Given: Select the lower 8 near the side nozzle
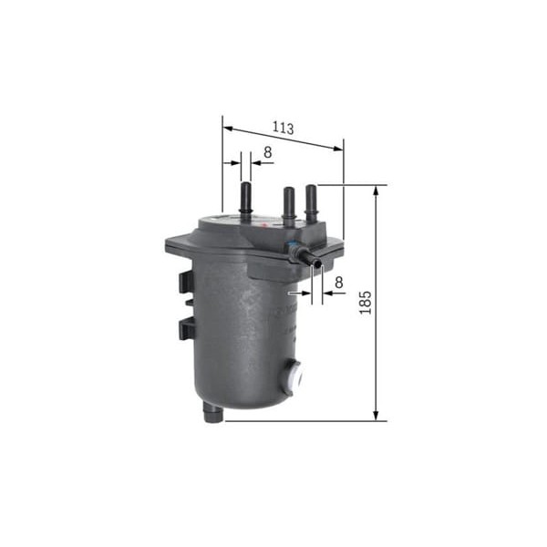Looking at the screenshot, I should [337, 283].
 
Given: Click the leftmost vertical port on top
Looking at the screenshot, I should [245, 199].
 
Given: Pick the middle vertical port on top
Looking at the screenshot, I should [288, 206].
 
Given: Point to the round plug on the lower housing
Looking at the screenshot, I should [294, 374].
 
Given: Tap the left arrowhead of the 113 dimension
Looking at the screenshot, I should [227, 128].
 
